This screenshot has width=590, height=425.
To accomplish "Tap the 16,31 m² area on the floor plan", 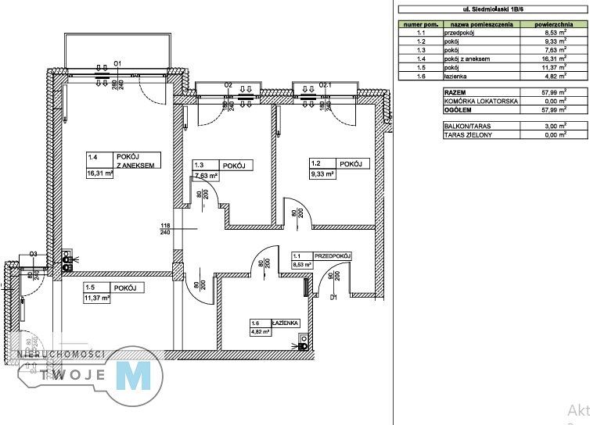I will pyautogui.click(x=100, y=175).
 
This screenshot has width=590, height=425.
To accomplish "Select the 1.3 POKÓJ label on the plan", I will pyautogui.click(x=222, y=166).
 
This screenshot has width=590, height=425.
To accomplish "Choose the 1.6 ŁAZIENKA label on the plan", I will pyautogui.click(x=273, y=323).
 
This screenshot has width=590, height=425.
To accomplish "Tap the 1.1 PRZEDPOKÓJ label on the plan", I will pyautogui.click(x=322, y=256).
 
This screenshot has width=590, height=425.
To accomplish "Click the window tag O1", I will pyautogui.click(x=118, y=63).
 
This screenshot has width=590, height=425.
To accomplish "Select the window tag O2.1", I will pyautogui.click(x=326, y=84).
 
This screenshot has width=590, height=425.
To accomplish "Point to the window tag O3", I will pyautogui.click(x=34, y=254).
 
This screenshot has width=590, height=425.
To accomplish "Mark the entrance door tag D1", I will pyautogui.click(x=333, y=297).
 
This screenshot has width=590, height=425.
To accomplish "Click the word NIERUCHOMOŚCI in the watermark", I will pyautogui.click(x=62, y=355).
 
